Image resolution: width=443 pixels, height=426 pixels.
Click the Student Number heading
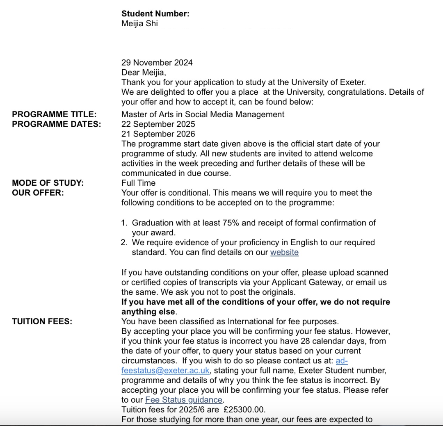coord(155,14)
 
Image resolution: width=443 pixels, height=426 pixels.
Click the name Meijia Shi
coord(139,23)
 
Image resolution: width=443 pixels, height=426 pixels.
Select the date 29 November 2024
coord(157,63)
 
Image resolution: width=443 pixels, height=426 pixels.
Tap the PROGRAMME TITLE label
coord(54,114)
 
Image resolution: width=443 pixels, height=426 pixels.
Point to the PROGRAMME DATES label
coord(56,124)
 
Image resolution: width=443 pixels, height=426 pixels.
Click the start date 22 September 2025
coord(158,124)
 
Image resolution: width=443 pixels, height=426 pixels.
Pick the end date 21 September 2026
coord(158,134)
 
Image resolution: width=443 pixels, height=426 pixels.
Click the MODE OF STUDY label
coord(48,183)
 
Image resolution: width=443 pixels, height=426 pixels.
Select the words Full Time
coord(139,183)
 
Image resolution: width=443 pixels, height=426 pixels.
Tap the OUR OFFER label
coord(38,193)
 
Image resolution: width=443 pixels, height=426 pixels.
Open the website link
coord(284,253)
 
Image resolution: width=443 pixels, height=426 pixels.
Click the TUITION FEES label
coord(42,321)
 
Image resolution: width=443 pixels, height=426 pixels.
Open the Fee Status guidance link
coord(184,400)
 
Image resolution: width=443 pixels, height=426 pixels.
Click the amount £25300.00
coord(245,410)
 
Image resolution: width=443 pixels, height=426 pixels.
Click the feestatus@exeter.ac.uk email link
coord(166,371)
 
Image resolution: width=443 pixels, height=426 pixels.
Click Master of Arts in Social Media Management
coord(203,114)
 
